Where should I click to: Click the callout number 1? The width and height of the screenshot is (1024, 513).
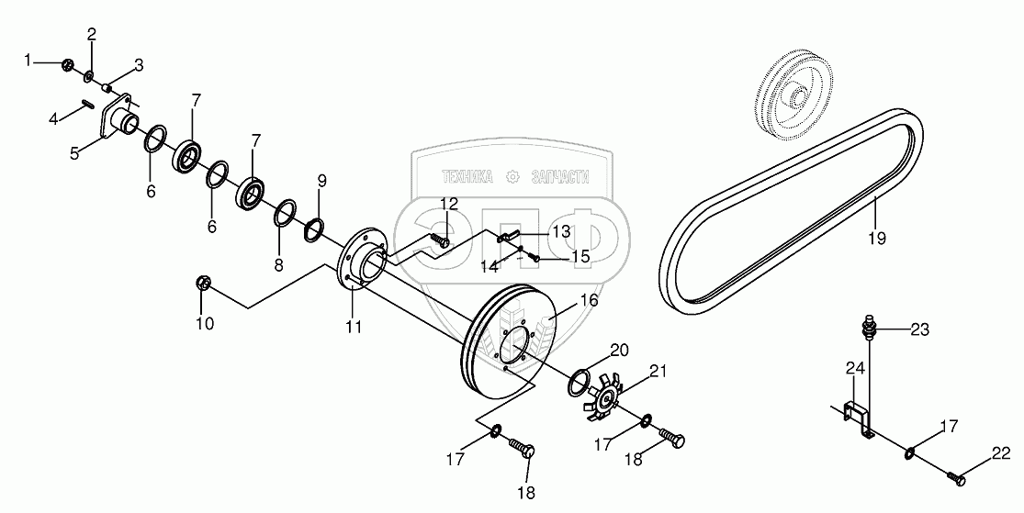click(28, 61)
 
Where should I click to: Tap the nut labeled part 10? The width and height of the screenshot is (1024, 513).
click(205, 284)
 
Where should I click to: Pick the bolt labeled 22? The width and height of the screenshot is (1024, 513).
click(956, 476)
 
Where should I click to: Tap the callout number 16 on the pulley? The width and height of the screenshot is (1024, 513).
click(588, 301)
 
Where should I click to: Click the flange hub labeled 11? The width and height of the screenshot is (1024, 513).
click(358, 266)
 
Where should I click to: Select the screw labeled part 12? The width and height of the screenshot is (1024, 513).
click(440, 241)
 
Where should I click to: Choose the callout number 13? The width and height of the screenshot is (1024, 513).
click(559, 231)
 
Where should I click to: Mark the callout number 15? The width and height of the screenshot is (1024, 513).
click(580, 258)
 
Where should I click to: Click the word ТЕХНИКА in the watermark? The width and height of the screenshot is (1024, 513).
click(467, 178)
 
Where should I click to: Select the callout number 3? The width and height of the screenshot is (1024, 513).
click(139, 64)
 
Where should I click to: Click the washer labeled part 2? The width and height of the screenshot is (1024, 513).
click(90, 74)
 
